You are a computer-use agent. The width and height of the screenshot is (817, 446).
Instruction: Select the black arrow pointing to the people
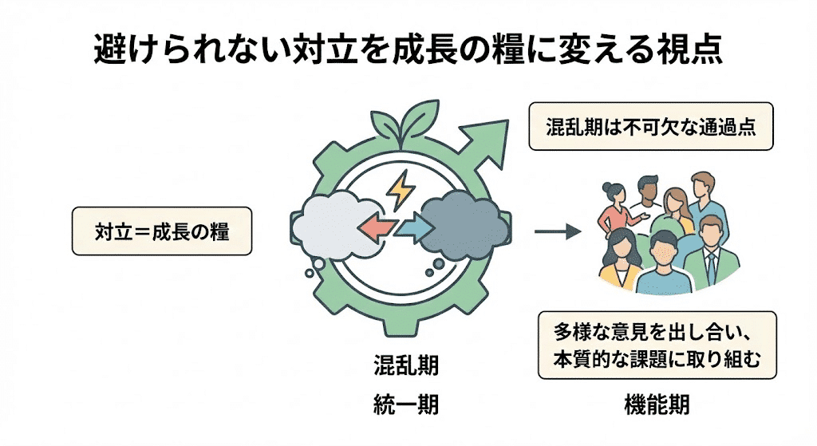pyautogui.click(x=555, y=232)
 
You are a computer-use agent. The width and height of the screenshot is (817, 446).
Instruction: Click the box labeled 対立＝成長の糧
pyautogui.click(x=162, y=232)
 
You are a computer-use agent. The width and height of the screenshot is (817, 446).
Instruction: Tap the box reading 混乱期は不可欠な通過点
pyautogui.click(x=651, y=126)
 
